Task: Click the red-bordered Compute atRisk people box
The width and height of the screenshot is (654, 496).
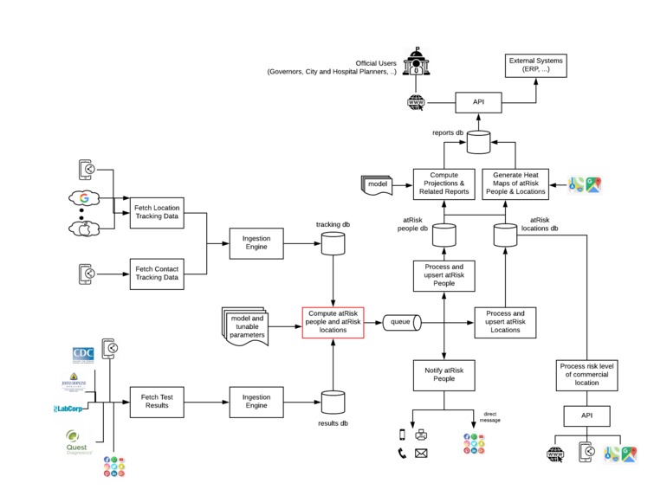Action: point(333,323)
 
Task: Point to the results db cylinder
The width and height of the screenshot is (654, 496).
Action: point(333,403)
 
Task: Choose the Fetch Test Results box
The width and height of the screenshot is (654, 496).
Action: point(158,402)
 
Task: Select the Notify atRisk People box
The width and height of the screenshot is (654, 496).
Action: point(444,375)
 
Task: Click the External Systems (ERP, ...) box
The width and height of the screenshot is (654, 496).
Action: point(535,66)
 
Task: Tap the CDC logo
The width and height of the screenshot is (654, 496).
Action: point(83,355)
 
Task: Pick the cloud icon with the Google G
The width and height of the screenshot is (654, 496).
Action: point(85,197)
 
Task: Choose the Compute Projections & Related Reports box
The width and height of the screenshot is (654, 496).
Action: point(444,184)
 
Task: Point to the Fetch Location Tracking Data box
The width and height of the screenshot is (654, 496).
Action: point(158,213)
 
